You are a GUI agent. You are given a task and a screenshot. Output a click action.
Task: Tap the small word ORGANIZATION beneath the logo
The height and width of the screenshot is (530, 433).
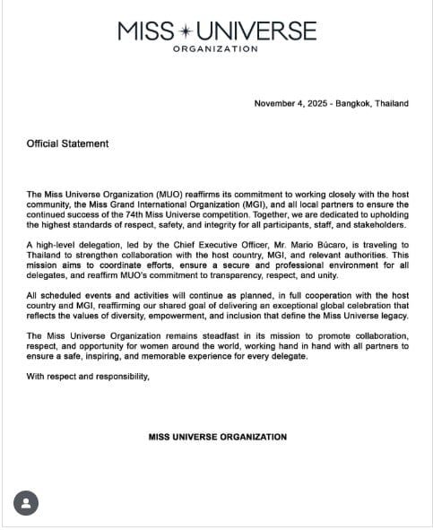click(215, 48)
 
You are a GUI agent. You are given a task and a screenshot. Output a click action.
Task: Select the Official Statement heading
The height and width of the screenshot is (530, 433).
click(67, 143)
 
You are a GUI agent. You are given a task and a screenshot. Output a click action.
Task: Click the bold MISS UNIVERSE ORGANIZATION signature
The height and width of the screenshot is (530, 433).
click(217, 438)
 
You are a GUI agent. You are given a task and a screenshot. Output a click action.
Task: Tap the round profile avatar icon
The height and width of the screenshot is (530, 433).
click(26, 503)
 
